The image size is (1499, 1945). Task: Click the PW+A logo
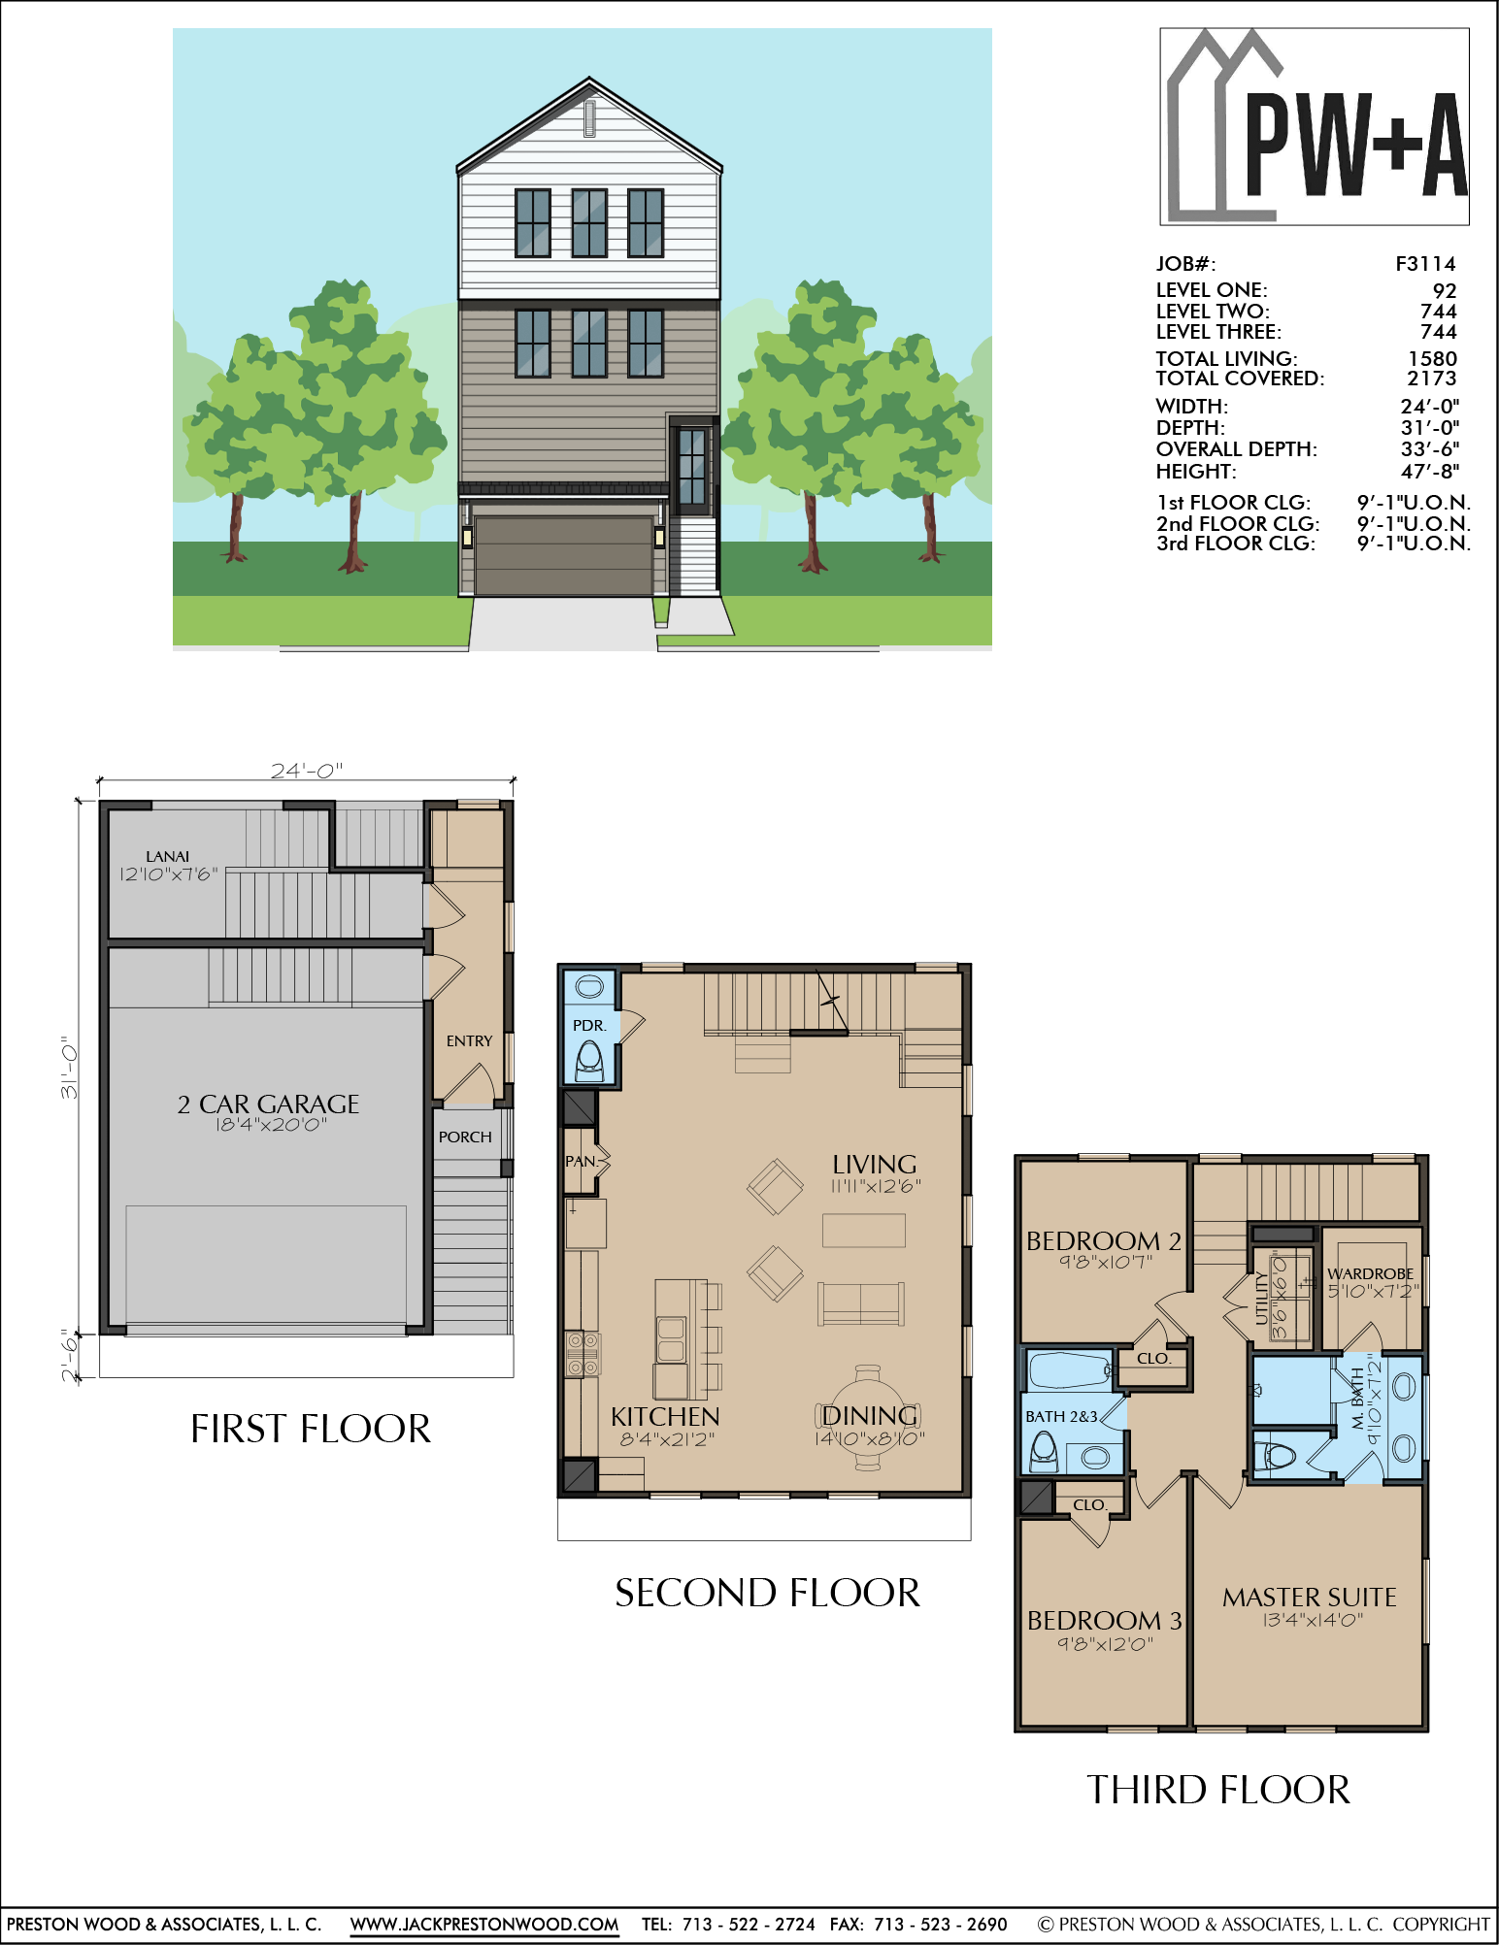pyautogui.click(x=1315, y=126)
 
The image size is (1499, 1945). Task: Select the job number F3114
pyautogui.click(x=1425, y=264)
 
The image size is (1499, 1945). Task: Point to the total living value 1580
pyautogui.click(x=1432, y=358)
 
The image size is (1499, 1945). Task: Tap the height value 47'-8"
pyautogui.click(x=1429, y=472)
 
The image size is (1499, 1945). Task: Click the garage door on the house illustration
pyautogui.click(x=563, y=555)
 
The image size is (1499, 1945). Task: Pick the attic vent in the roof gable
pyautogui.click(x=589, y=118)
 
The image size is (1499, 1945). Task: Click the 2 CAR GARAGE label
pyautogui.click(x=268, y=1104)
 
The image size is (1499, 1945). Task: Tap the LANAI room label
pyautogui.click(x=167, y=856)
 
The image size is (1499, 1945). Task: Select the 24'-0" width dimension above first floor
pyautogui.click(x=306, y=771)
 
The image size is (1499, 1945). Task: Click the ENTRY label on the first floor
pyautogui.click(x=469, y=1040)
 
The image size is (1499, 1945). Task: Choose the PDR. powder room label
pyautogui.click(x=588, y=1025)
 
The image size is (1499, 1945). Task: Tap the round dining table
pyautogui.click(x=867, y=1418)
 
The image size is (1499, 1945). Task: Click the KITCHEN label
pyautogui.click(x=665, y=1417)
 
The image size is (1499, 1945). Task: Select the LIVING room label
pyautogui.click(x=874, y=1164)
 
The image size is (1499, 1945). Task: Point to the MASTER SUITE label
pyautogui.click(x=1309, y=1597)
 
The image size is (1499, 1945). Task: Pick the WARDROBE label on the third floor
pyautogui.click(x=1370, y=1273)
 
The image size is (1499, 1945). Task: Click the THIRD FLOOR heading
pyautogui.click(x=1218, y=1790)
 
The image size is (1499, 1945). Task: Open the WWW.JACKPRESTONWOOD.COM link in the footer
pyautogui.click(x=484, y=1924)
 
